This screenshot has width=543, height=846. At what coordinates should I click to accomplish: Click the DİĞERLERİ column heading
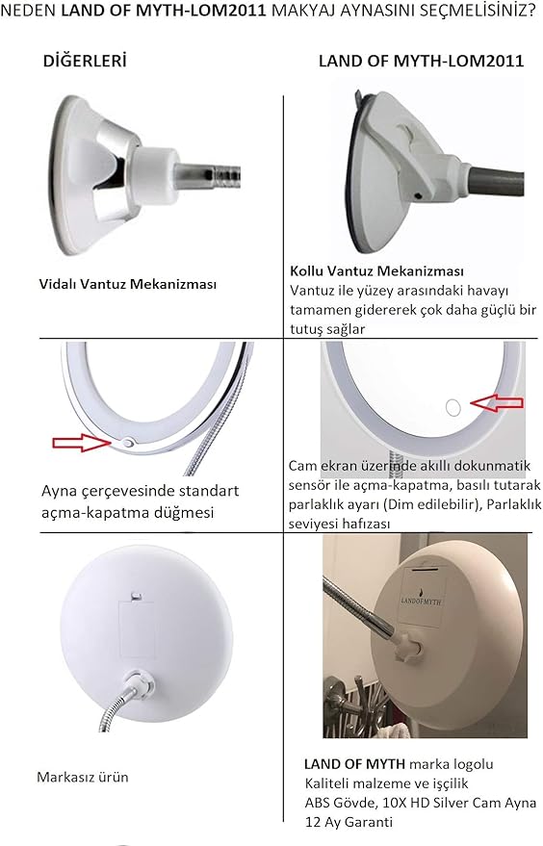(x=85, y=61)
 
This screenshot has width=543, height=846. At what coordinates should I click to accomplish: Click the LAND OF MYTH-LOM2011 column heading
(x=421, y=61)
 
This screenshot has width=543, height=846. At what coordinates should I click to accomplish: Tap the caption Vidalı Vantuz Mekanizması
(x=127, y=284)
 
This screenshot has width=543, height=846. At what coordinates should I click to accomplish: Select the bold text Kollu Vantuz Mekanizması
(x=376, y=270)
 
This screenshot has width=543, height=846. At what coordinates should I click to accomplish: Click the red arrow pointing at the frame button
(x=82, y=443)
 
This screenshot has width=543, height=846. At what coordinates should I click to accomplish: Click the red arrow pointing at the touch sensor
(x=497, y=402)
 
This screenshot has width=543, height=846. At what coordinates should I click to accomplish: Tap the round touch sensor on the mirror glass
(x=452, y=407)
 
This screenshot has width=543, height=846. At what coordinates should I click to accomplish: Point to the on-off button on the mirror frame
(x=128, y=443)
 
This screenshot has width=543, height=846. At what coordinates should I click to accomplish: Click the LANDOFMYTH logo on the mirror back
(x=422, y=601)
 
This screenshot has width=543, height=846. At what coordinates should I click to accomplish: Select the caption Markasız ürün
(x=83, y=777)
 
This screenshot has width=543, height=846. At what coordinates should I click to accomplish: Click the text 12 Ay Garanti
(x=349, y=822)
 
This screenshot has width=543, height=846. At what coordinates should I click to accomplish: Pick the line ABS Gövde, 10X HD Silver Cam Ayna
(x=421, y=803)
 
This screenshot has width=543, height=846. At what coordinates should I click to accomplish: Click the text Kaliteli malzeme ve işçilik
(x=386, y=783)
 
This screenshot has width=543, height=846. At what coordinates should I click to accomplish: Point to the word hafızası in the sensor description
(x=362, y=524)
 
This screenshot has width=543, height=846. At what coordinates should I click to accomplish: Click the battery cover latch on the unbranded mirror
(x=137, y=596)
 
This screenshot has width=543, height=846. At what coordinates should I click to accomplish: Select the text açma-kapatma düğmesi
(x=128, y=512)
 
